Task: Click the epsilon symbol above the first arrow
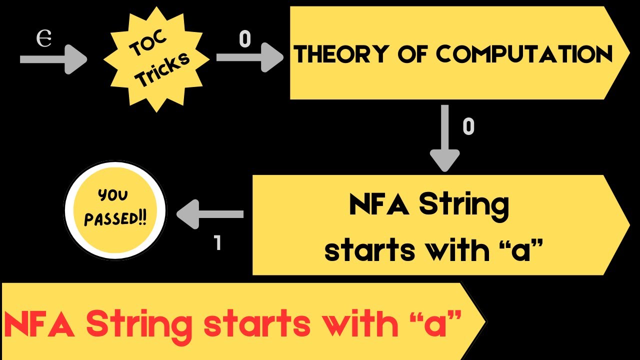click(44, 39)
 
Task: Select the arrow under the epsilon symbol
click(52, 59)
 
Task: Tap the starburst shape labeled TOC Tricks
click(156, 59)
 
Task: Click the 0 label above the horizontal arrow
click(244, 39)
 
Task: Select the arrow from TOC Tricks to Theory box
click(249, 58)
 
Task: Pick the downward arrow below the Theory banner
click(444, 137)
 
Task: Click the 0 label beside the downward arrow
click(468, 127)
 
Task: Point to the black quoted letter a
click(519, 250)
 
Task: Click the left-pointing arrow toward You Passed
click(210, 214)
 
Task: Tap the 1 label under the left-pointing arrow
click(217, 243)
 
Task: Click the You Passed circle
click(115, 209)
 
